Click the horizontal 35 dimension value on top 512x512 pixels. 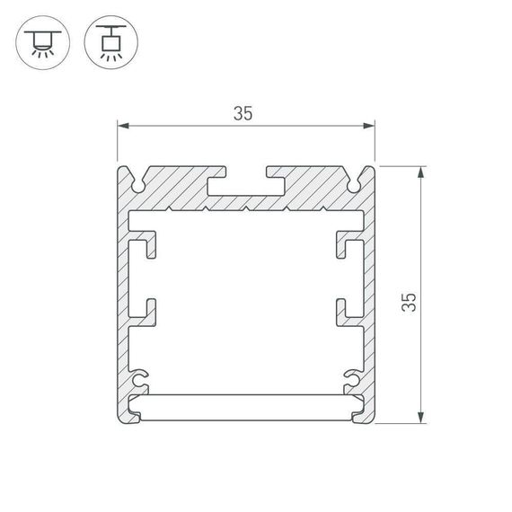(242, 114)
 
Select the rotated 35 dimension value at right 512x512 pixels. (410, 301)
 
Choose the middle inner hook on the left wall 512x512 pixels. (144, 309)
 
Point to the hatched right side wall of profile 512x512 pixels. (368, 287)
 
